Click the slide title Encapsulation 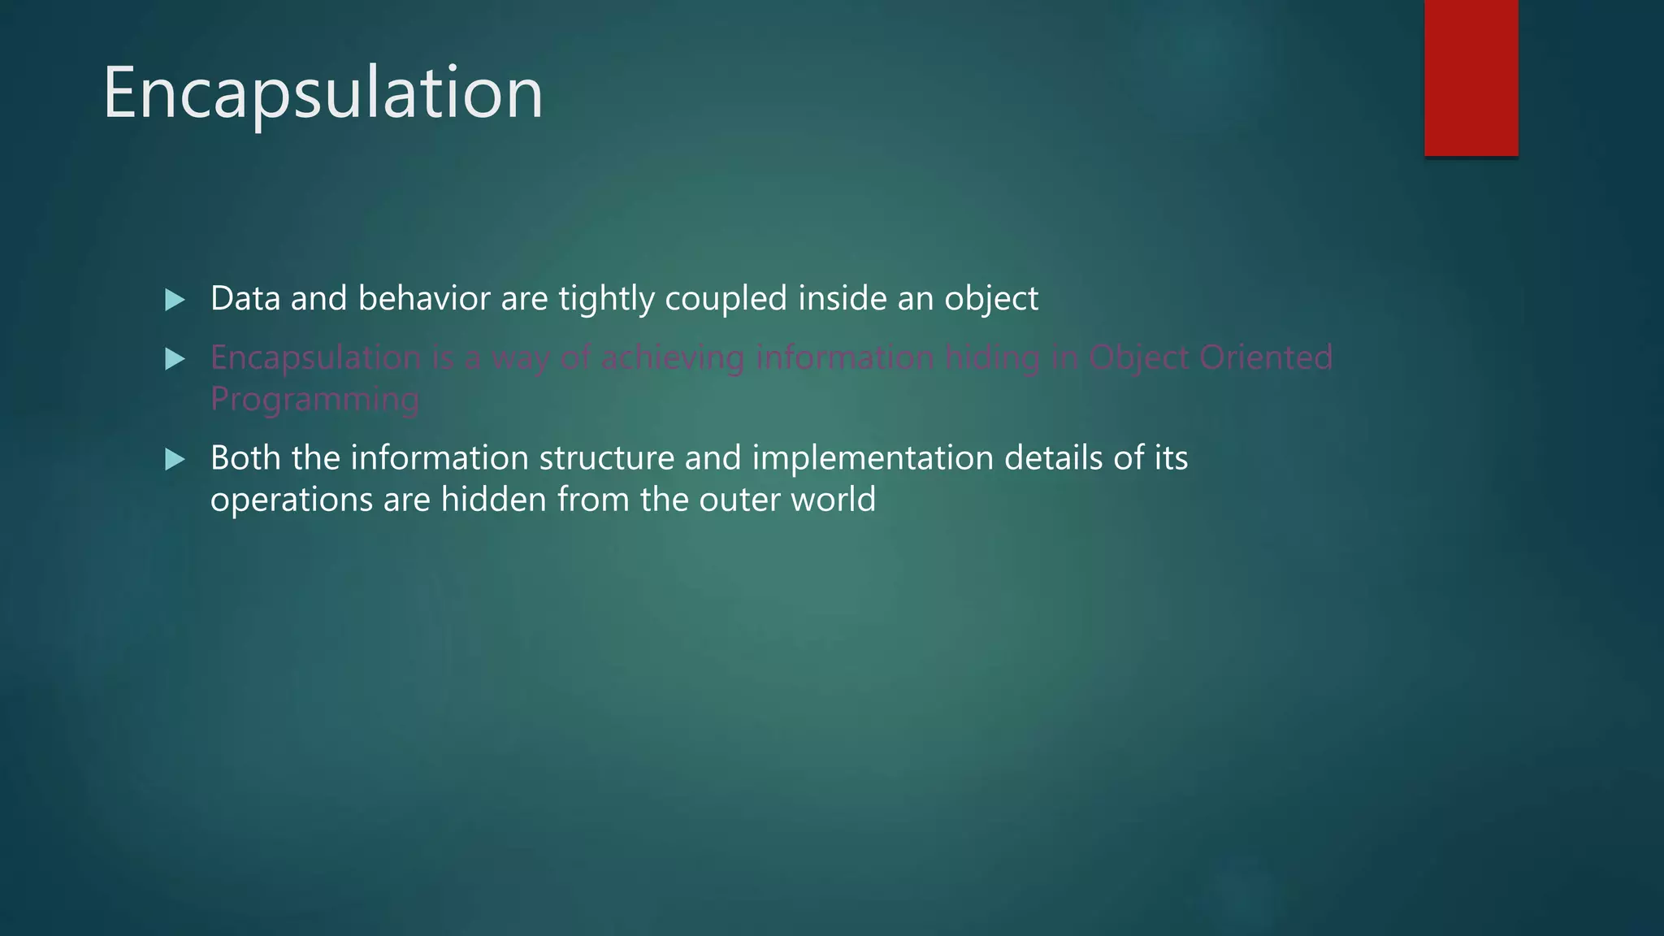(x=323, y=93)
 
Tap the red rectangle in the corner (x=1471, y=77)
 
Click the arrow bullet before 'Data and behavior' (x=175, y=300)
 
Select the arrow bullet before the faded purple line (x=175, y=358)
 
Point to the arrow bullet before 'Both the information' (x=175, y=460)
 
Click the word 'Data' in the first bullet (x=245, y=299)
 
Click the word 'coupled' (x=726, y=299)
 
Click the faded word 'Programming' (x=314, y=400)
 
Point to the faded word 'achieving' (x=673, y=357)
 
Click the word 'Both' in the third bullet (x=245, y=458)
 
